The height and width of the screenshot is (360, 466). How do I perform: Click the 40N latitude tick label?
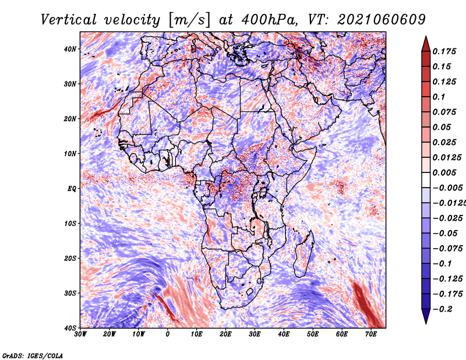coord(69,49)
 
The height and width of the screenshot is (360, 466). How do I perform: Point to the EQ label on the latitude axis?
coord(72,189)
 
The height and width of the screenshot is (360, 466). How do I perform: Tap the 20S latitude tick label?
coord(69,258)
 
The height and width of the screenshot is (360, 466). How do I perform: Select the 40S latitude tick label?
coord(69,328)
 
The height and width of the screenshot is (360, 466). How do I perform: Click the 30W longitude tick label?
coord(80,334)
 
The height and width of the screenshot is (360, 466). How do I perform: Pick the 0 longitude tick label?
coord(167,334)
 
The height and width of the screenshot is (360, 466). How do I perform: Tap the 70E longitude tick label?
coord(371,334)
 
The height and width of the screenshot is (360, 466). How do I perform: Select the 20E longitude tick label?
coord(225,334)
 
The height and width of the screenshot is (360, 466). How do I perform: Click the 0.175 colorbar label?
coord(444,51)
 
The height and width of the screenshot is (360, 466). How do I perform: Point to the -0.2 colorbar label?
coord(443,309)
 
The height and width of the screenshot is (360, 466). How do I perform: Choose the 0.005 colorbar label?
coord(444,172)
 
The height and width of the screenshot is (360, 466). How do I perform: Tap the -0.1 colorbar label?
coord(443,264)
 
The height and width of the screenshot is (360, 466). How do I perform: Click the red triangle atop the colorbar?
coord(426,44)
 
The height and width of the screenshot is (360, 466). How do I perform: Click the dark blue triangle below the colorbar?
coord(426,316)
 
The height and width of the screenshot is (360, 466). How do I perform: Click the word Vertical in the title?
coord(69,20)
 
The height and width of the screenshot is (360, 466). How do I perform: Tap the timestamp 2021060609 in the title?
coord(382,20)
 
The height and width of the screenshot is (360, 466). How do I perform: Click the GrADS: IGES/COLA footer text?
coord(33,355)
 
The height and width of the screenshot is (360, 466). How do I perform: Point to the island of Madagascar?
coord(303,253)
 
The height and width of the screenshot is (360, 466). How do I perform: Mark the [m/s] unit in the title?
coord(190,20)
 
